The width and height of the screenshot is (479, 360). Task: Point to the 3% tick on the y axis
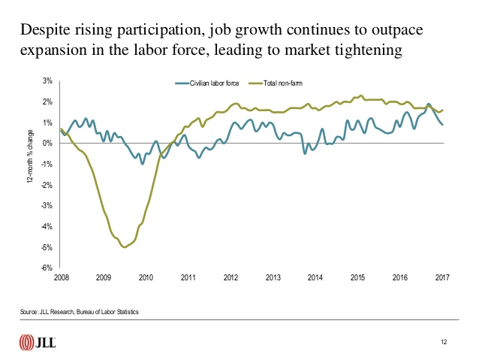(x=47, y=81)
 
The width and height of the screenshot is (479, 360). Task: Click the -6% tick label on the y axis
(x=47, y=268)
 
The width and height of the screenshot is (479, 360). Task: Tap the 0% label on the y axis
(x=47, y=144)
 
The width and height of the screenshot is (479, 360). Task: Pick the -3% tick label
(x=47, y=206)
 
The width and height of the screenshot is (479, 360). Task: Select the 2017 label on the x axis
(x=443, y=277)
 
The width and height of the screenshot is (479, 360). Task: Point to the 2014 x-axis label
(x=315, y=277)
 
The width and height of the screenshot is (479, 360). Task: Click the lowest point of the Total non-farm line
(x=125, y=247)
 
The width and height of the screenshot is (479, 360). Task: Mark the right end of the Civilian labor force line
(x=442, y=125)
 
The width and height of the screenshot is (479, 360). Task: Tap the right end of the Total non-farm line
(x=442, y=110)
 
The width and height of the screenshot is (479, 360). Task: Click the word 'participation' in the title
(x=137, y=32)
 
